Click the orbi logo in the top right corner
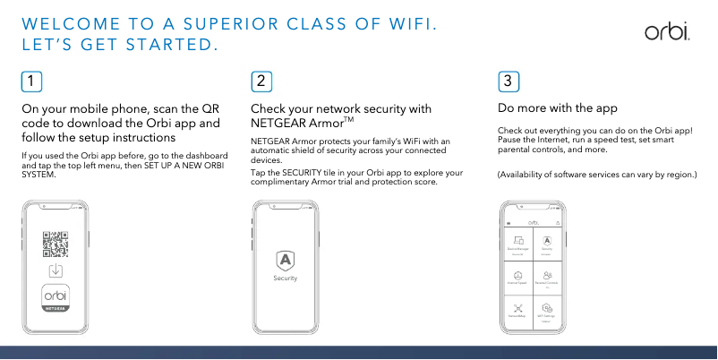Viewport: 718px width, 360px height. click(666, 32)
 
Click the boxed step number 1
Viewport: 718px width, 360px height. click(31, 81)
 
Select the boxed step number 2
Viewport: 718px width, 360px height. click(261, 81)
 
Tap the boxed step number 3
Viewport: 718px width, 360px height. click(508, 81)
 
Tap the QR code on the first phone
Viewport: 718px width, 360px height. click(56, 244)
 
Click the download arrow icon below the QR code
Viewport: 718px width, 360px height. click(56, 270)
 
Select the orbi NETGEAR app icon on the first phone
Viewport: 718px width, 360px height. click(56, 298)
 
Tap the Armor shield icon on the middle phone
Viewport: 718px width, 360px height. click(285, 261)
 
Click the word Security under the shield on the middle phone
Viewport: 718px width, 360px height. click(285, 279)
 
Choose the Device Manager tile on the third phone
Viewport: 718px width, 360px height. click(517, 245)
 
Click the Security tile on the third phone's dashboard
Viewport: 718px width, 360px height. click(547, 245)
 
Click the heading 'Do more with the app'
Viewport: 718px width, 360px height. click(557, 108)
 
